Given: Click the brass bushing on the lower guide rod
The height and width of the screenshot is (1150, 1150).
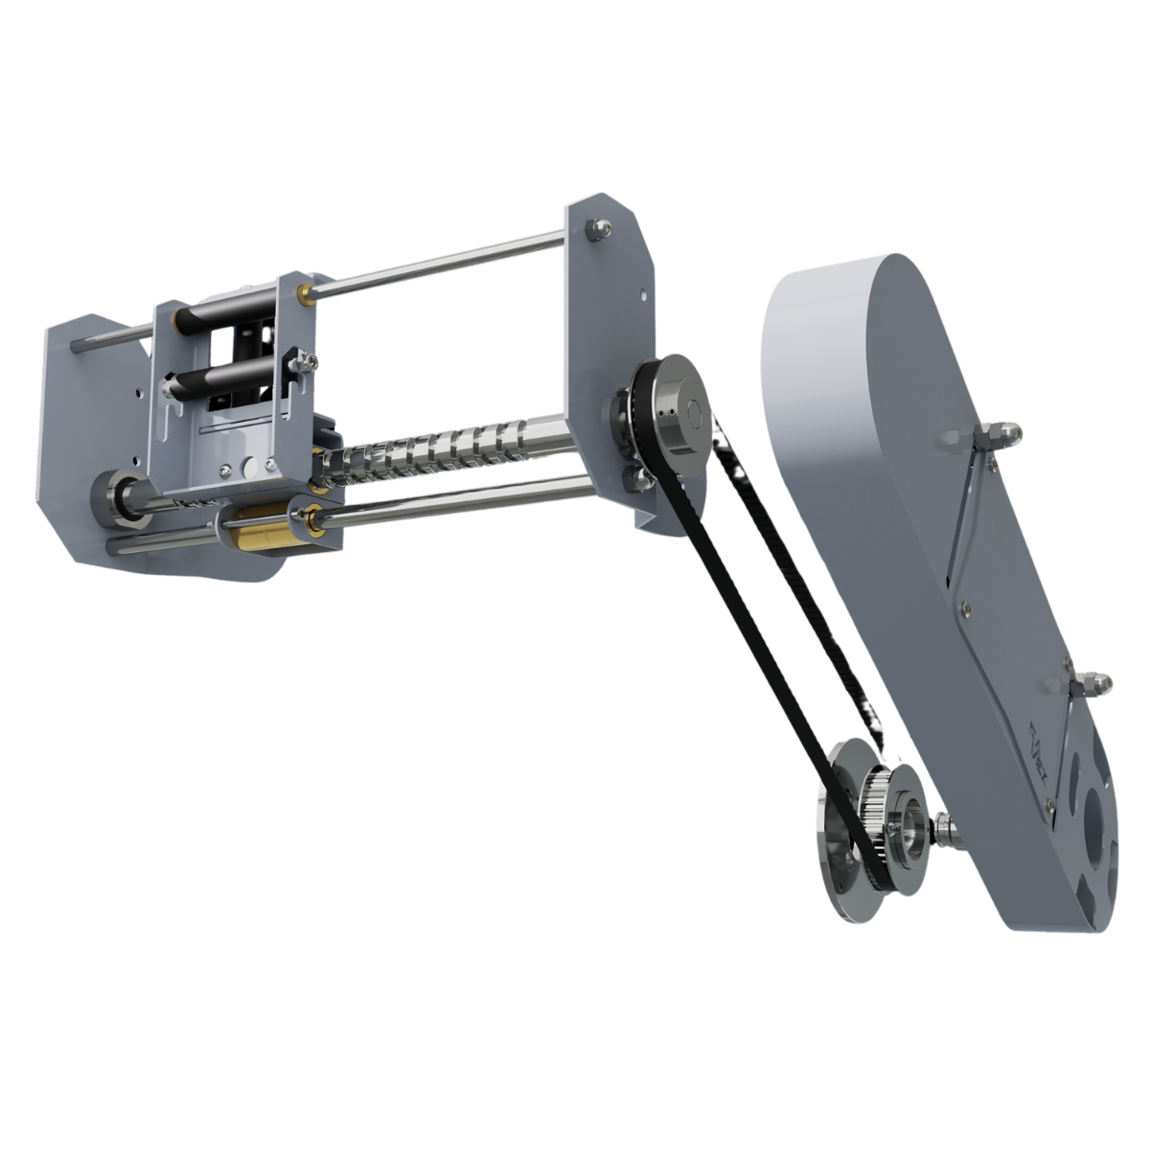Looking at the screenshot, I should tap(257, 529).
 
